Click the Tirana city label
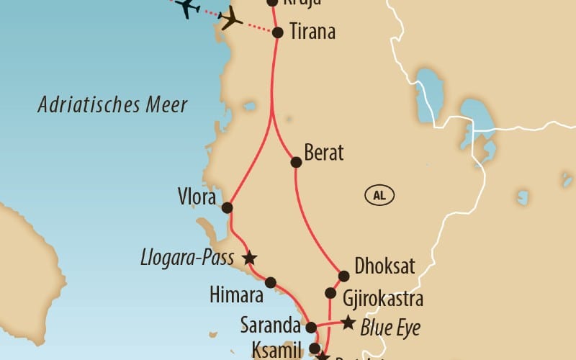point(312,32)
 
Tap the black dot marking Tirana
point(278,32)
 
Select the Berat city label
point(324,153)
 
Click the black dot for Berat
point(295,163)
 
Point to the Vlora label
point(196,196)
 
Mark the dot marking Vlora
point(227,207)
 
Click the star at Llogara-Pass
point(249,257)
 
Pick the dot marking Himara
point(271,282)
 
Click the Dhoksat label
point(384,266)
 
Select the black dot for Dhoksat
point(343,276)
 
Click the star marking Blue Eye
point(348,323)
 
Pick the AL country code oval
point(380,194)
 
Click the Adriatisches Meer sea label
point(113,105)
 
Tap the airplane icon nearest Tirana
point(230,18)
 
